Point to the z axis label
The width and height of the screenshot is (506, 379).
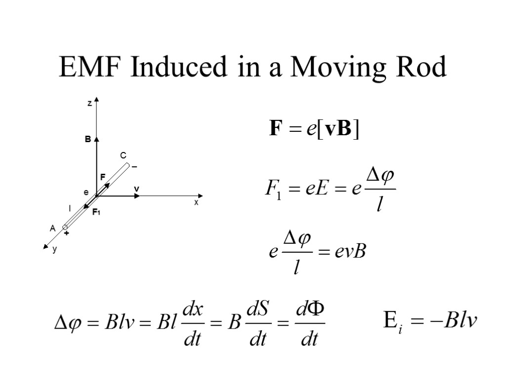point(89,104)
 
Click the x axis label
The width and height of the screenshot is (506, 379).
point(196,203)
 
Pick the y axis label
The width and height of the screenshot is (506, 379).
point(55,250)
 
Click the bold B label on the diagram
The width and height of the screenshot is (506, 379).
point(87,140)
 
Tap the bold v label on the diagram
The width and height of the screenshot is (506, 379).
point(136,189)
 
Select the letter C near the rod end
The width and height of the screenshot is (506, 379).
point(124,156)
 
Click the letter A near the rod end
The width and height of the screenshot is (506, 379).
point(52,228)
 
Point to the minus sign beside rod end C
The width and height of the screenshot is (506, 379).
point(134,167)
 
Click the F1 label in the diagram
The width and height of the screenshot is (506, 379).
point(96,212)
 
